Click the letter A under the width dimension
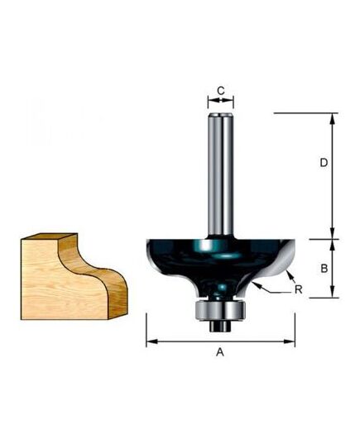[x=220, y=352]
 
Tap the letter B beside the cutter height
[x=325, y=268]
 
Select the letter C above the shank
[x=220, y=91]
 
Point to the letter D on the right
[x=324, y=164]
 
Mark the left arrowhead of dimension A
[x=150, y=340]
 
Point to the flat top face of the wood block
[x=41, y=239]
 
